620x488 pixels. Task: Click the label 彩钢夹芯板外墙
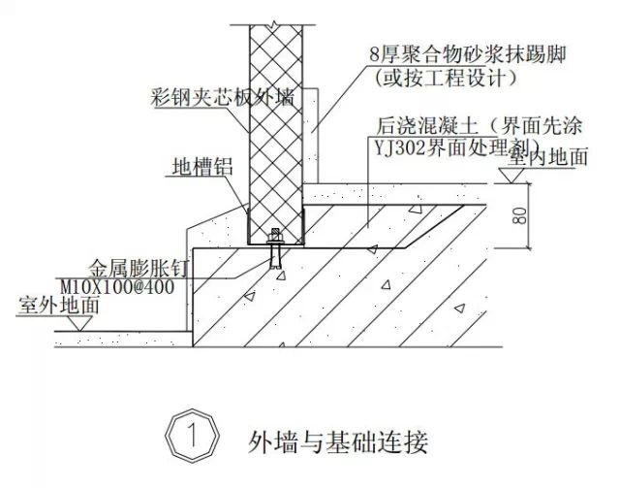(x=223, y=96)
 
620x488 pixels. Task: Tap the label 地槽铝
(x=202, y=166)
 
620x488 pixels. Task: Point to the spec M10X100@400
(x=117, y=287)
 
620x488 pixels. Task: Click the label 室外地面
(x=58, y=306)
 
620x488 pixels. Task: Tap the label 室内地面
(x=547, y=157)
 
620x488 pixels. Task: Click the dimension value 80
(x=520, y=216)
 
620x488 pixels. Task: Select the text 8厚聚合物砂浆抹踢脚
(x=468, y=54)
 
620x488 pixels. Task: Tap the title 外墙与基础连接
(x=338, y=442)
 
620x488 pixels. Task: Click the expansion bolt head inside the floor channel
(x=274, y=236)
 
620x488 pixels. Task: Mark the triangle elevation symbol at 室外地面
(x=80, y=323)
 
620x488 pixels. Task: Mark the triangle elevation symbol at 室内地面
(x=511, y=176)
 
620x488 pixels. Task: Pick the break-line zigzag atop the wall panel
(x=273, y=24)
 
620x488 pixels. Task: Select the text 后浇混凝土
(x=427, y=126)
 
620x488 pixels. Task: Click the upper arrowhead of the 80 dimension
(x=528, y=185)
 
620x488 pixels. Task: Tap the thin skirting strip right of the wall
(x=311, y=136)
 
